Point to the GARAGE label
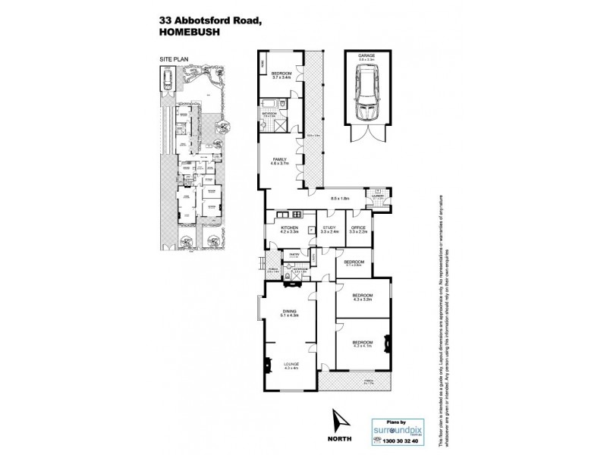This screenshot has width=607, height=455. pyautogui.click(x=366, y=55)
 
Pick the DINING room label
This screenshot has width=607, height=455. pyautogui.click(x=290, y=311)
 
